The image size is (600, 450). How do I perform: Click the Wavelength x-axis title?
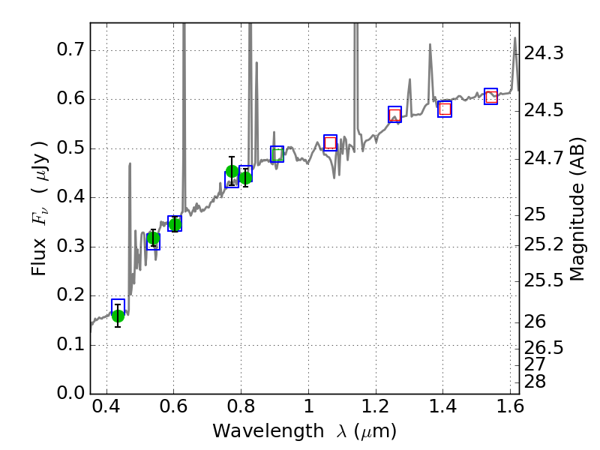tap(304, 431)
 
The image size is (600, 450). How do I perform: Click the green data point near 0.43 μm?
tap(118, 315)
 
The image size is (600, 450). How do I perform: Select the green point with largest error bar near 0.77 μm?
tap(232, 171)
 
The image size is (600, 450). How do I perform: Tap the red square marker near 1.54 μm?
tap(491, 97)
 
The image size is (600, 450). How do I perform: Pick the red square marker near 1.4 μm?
tap(445, 109)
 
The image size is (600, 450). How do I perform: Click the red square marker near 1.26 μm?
tap(395, 114)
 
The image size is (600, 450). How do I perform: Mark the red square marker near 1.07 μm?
tap(330, 143)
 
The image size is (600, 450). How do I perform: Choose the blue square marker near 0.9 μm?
tap(277, 154)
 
